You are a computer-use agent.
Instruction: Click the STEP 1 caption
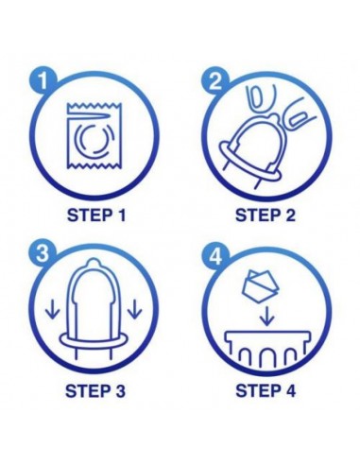click(97, 215)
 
